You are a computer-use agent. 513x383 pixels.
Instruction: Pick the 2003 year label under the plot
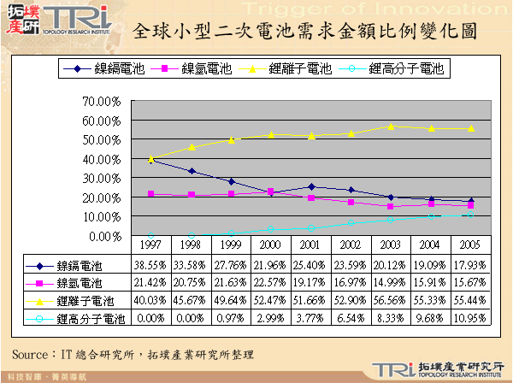(390, 245)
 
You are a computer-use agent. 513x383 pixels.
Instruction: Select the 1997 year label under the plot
(151, 245)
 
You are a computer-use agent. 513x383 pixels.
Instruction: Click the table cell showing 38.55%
(151, 265)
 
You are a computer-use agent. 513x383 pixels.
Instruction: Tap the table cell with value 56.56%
(390, 300)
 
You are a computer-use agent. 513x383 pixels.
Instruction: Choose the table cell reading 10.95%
(469, 318)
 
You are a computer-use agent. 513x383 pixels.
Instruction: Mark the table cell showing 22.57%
(271, 282)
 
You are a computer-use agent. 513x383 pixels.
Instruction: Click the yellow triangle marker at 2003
(390, 127)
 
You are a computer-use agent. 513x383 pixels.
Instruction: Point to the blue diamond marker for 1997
(151, 161)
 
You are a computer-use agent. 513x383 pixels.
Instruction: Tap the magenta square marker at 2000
(271, 191)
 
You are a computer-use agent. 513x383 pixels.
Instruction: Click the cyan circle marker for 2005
(469, 214)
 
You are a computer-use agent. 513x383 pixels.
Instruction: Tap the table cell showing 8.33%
(390, 318)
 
